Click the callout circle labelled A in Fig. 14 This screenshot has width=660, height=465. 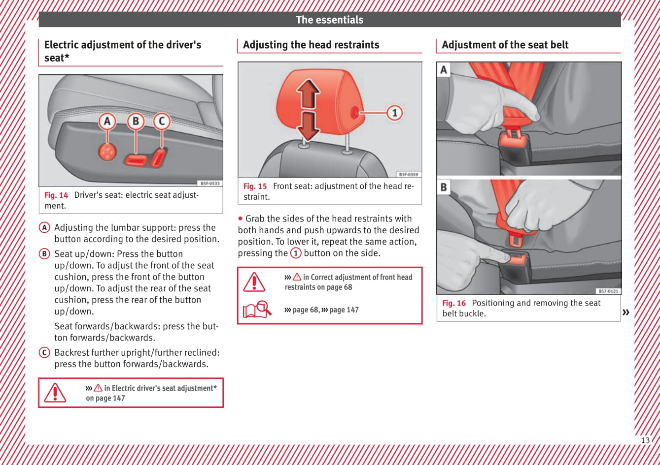point(107,121)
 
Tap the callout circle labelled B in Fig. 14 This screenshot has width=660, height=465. point(136,121)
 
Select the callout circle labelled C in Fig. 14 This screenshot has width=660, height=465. point(162,121)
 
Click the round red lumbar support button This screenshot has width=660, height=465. point(107,153)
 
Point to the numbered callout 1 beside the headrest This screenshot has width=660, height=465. point(394,113)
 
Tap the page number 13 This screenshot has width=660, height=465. point(645,440)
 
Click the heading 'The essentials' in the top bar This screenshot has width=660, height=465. point(329,20)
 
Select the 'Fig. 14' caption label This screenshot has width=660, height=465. point(56,195)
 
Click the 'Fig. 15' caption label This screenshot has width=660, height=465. point(255,186)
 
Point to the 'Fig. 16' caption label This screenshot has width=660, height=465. point(454,303)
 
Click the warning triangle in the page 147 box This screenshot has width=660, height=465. point(55,393)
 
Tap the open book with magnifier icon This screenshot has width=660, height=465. point(257,310)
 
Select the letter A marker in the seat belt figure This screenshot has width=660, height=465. point(444,70)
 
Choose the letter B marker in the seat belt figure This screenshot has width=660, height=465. point(444,187)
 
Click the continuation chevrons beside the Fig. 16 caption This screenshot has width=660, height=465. point(626,312)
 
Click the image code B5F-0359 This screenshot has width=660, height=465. point(408,174)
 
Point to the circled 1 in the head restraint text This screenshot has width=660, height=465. point(296,253)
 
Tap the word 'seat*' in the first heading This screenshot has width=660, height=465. point(57,58)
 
